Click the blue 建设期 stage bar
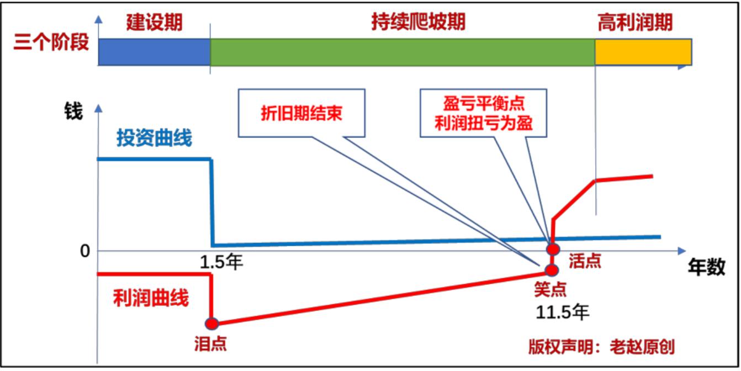click(x=154, y=52)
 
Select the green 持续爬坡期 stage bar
click(x=403, y=52)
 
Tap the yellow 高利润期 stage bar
click(x=643, y=52)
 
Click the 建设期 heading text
click(x=154, y=23)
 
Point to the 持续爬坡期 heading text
click(x=418, y=22)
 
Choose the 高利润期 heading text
click(x=635, y=23)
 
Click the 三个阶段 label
click(x=51, y=42)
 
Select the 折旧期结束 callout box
click(x=301, y=113)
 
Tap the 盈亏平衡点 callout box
click(x=483, y=113)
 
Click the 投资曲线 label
click(x=154, y=137)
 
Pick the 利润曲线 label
click(x=151, y=298)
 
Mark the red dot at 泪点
click(x=211, y=324)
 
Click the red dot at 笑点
click(x=552, y=271)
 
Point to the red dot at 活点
click(x=553, y=249)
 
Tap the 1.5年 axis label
click(x=221, y=262)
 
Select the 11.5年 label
click(x=562, y=312)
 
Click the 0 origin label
click(x=85, y=251)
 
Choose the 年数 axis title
click(x=707, y=267)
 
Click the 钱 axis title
click(x=73, y=111)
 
